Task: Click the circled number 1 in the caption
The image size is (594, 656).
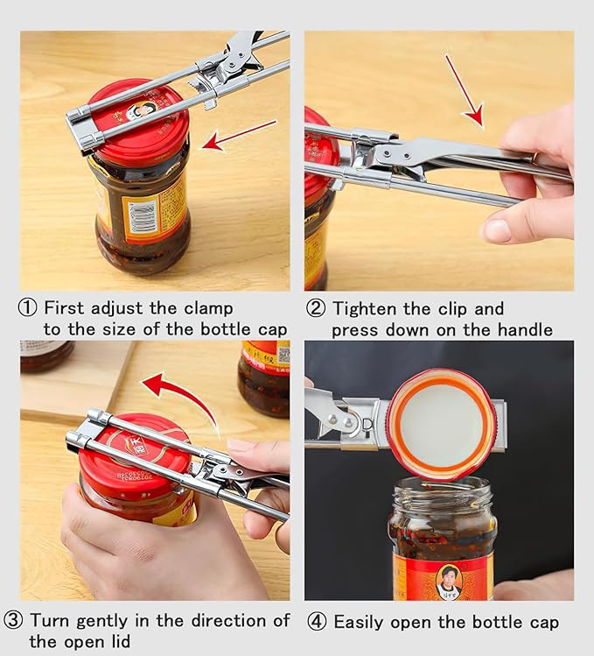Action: pyautogui.click(x=29, y=308)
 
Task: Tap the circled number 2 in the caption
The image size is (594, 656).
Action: pyautogui.click(x=315, y=308)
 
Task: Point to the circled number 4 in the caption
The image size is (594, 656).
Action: pyautogui.click(x=317, y=623)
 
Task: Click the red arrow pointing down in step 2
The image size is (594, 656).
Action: pyautogui.click(x=464, y=89)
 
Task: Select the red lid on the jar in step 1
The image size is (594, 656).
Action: pyautogui.click(x=140, y=123)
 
